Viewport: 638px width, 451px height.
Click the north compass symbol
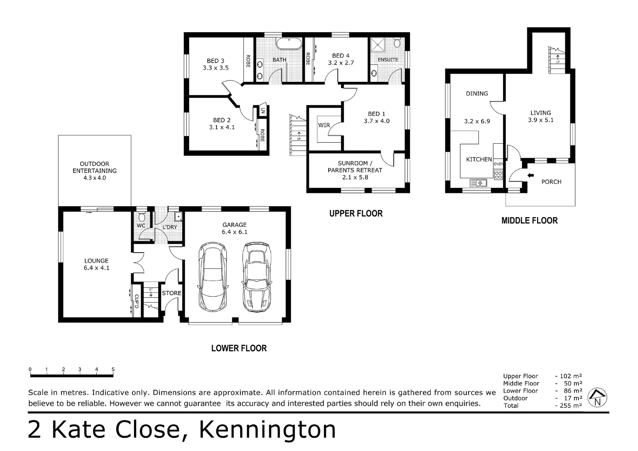597,398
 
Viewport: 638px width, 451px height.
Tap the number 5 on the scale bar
113,370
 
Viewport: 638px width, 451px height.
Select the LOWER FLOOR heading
239,348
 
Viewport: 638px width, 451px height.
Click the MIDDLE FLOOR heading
529,220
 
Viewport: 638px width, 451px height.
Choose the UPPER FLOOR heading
356,213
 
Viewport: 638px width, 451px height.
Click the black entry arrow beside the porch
531,175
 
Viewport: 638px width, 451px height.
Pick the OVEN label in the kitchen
498,164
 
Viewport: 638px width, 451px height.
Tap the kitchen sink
478,182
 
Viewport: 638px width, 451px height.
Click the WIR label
324,125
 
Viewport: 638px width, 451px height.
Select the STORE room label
172,293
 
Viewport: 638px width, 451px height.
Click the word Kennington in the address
267,429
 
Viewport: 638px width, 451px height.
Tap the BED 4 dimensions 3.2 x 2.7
341,63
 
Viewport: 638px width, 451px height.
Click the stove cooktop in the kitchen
498,175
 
